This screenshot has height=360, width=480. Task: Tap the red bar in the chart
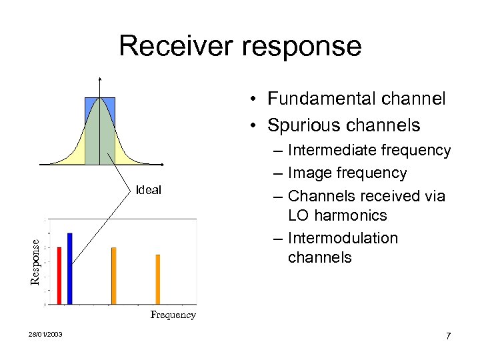coord(59,275)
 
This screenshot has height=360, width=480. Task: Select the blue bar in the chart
coord(69,268)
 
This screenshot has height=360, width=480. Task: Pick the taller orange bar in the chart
coord(114,275)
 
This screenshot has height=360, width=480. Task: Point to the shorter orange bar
coord(158,279)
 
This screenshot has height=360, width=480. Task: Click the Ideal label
coord(148,190)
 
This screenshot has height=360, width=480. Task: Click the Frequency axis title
coord(173,315)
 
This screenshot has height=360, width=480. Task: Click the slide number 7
coord(449,336)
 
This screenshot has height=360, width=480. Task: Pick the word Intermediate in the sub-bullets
coord(335,151)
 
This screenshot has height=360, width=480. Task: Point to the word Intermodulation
coord(343,238)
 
